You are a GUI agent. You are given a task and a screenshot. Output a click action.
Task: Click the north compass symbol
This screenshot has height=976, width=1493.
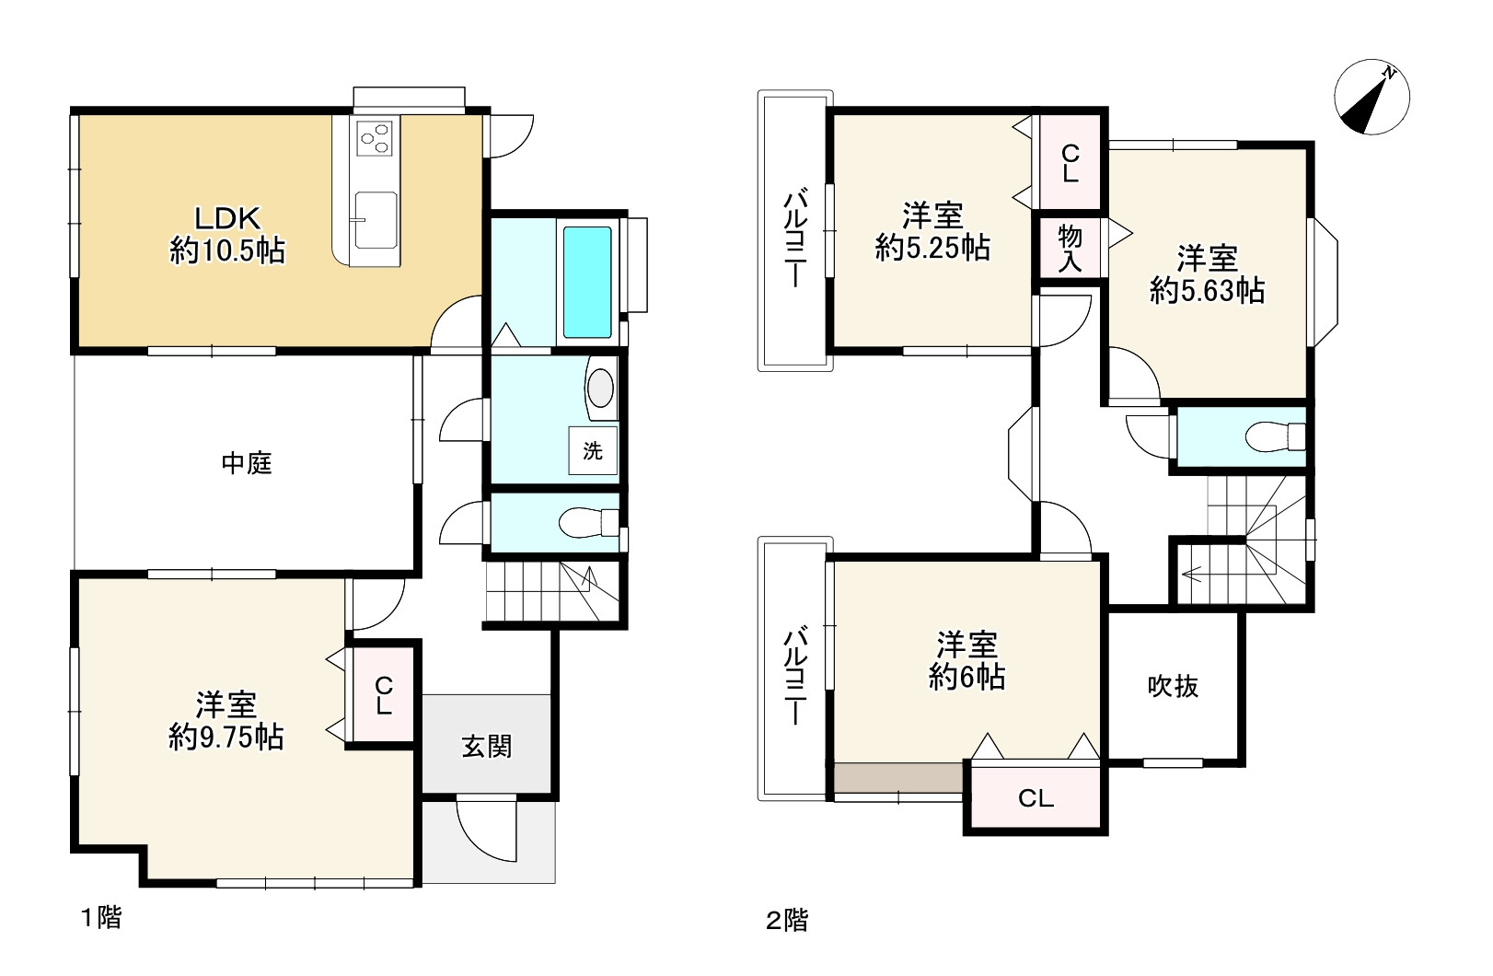(x=1371, y=98)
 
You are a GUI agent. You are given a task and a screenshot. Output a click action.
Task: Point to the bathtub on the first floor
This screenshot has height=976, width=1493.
(x=587, y=282)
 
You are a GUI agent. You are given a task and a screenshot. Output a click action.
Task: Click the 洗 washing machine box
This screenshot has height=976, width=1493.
(x=592, y=450)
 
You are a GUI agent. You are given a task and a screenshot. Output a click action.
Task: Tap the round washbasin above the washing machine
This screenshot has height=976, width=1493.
(x=600, y=388)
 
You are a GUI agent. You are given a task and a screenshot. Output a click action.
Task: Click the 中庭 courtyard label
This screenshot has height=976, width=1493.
(x=247, y=463)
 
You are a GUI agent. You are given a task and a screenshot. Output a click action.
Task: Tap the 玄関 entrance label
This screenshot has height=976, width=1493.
(x=486, y=746)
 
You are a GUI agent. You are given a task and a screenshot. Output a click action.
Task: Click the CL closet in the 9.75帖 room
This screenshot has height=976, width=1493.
(x=384, y=695)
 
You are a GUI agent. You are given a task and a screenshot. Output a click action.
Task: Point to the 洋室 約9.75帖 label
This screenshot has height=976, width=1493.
(x=226, y=721)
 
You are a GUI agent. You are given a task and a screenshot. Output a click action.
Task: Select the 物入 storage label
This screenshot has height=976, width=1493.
(x=1070, y=248)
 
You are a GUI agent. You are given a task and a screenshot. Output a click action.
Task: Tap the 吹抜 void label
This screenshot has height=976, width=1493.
(x=1173, y=686)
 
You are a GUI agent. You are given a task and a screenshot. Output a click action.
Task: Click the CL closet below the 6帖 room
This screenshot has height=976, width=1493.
(x=1036, y=798)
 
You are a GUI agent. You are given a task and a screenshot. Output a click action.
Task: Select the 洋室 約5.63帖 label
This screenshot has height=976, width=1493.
(x=1207, y=273)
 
